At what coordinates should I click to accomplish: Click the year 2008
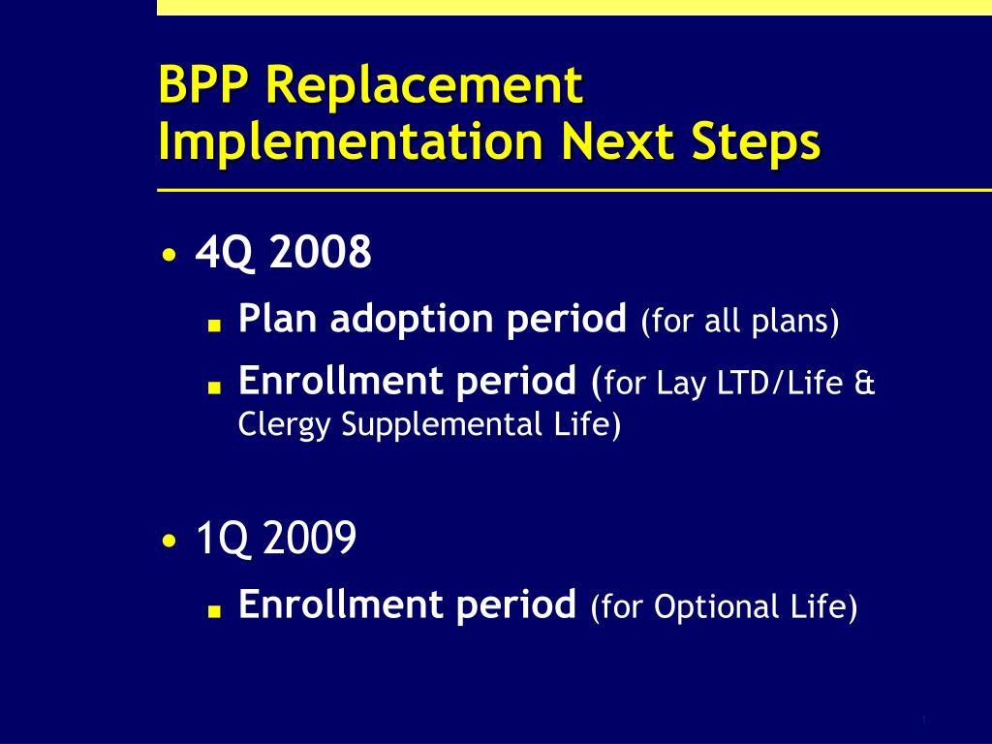320,252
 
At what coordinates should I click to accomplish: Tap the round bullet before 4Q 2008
169,256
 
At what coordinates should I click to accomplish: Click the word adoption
411,318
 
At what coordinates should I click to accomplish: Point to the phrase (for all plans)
739,321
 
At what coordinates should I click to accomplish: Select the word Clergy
284,424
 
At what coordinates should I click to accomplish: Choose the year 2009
309,538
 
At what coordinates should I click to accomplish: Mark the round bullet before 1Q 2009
169,541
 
